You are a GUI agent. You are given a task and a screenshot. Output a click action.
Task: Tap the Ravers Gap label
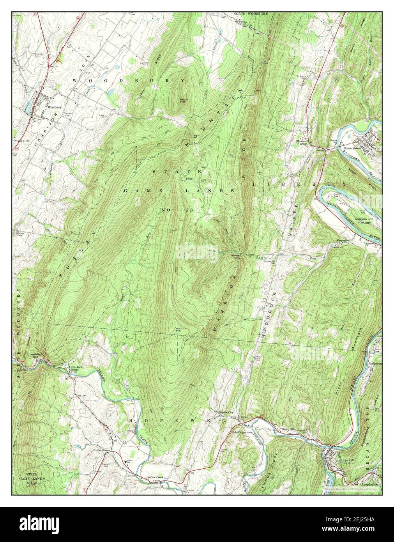pos(234,256)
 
